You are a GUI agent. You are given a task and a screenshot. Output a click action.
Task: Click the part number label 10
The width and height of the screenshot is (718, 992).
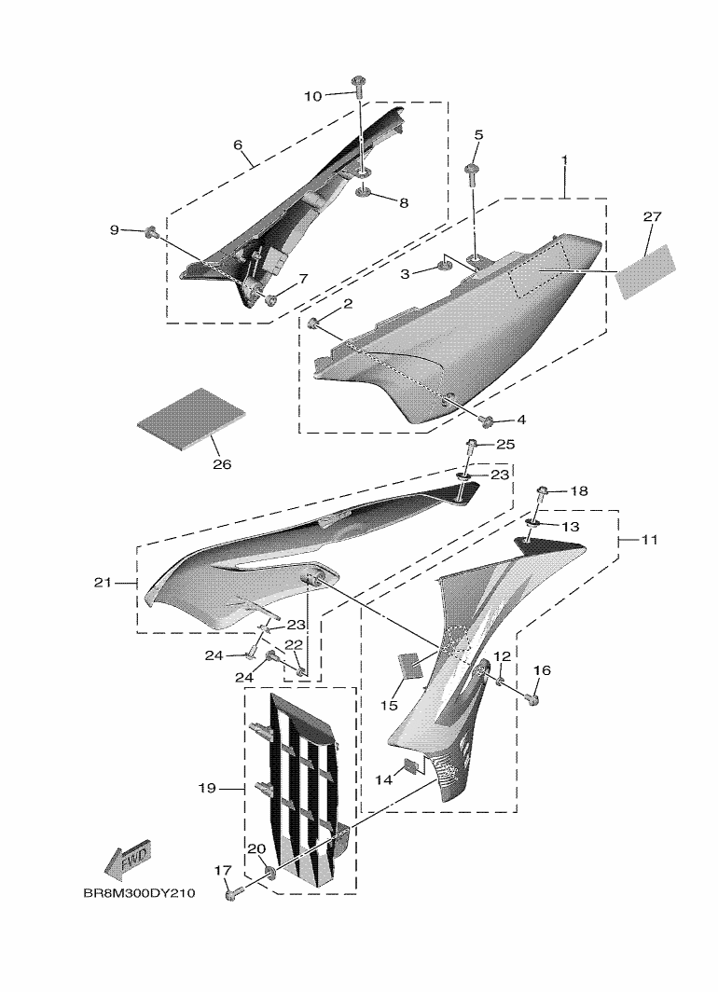[313, 95]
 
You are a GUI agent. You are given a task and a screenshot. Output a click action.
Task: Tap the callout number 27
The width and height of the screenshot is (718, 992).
[651, 216]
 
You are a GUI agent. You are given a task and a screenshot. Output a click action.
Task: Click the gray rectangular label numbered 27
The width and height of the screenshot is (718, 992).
[651, 270]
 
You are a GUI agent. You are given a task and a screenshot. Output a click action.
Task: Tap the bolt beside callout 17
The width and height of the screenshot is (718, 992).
[231, 895]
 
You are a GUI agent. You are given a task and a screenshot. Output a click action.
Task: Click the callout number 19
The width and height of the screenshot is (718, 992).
[206, 788]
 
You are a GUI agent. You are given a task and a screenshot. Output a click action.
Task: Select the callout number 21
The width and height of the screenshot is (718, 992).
[104, 583]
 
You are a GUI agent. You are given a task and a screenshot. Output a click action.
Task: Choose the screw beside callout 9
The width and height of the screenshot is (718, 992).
[149, 230]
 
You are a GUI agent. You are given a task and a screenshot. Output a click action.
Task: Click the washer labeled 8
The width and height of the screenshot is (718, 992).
[363, 194]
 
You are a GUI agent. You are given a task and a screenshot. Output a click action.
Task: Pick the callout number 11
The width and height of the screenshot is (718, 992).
[646, 539]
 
